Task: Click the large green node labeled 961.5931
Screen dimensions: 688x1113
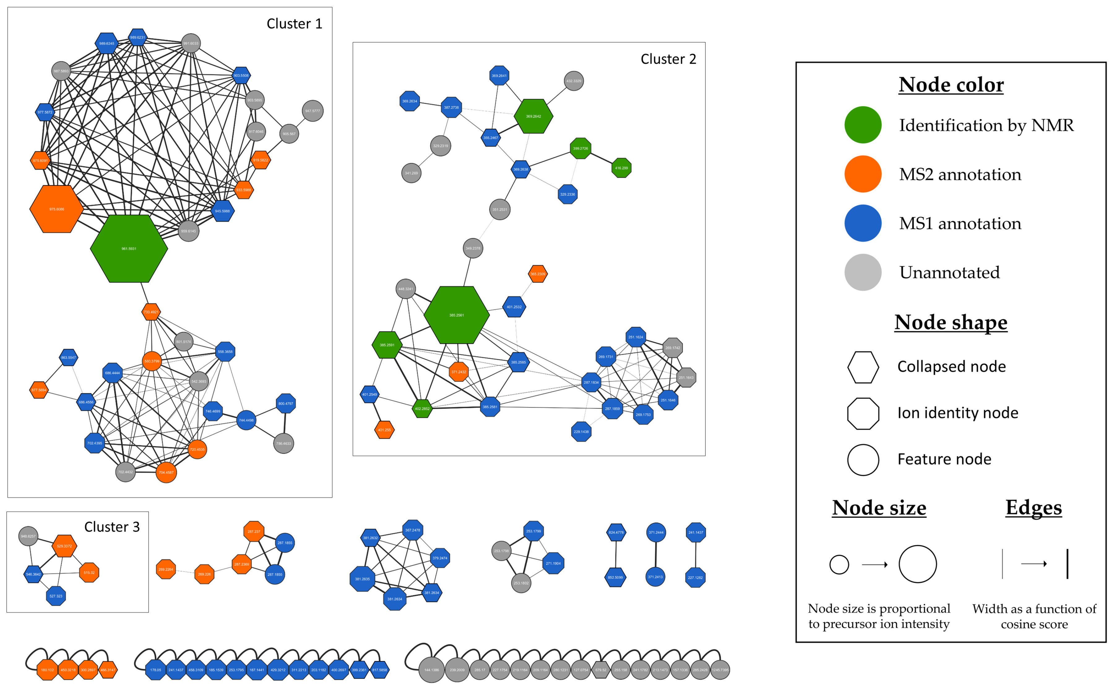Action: [129, 248]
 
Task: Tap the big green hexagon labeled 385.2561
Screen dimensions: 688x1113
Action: [456, 315]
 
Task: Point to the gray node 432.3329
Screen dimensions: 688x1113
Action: [573, 81]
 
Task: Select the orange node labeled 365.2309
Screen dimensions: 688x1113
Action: [537, 274]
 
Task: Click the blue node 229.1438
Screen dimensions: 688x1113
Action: [581, 431]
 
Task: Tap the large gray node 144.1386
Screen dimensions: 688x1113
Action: [431, 670]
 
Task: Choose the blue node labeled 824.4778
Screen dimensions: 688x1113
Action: [616, 532]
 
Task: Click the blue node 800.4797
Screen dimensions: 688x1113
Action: [286, 403]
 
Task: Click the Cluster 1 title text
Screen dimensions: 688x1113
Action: [294, 24]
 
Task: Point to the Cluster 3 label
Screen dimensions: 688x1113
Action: [112, 527]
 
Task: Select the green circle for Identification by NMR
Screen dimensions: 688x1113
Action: [862, 125]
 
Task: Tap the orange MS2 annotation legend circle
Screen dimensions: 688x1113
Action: [862, 174]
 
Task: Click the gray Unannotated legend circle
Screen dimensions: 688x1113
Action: [862, 272]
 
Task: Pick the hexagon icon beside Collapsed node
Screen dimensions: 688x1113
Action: [862, 367]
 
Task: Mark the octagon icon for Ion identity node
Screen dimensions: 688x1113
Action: [862, 413]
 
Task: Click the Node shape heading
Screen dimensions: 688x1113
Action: [951, 322]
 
